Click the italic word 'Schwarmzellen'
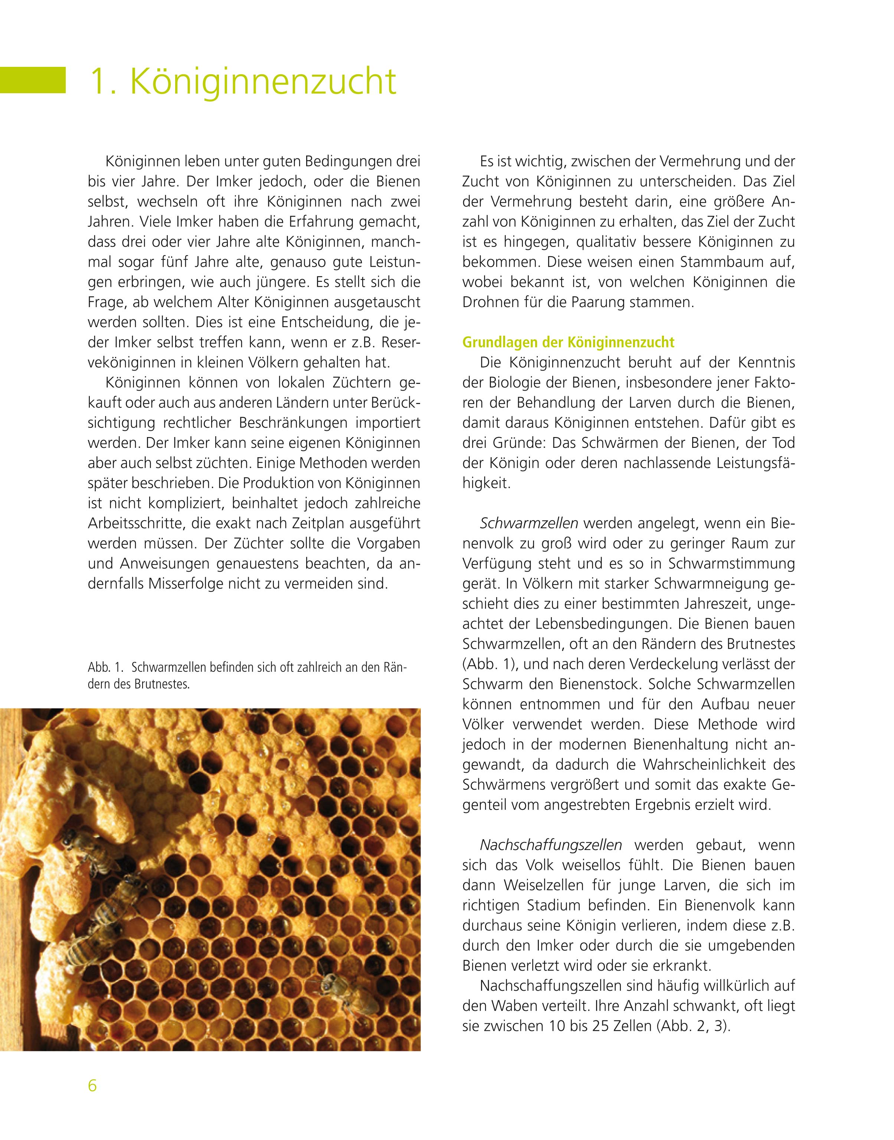tap(529, 523)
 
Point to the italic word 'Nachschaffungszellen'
tap(551, 845)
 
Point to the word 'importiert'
tap(389, 423)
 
